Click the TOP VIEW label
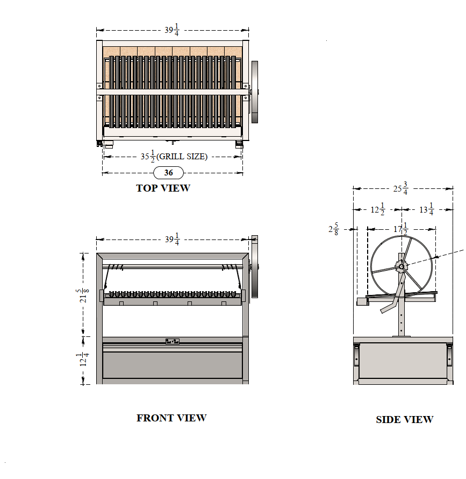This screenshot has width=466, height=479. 163,188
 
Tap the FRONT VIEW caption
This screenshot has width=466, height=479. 171,418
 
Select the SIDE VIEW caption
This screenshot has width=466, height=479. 405,419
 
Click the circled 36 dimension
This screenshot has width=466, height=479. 168,173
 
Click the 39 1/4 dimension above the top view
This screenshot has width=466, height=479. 172,30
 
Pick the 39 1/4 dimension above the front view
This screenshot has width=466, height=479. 172,239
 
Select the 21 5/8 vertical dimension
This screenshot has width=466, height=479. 82,295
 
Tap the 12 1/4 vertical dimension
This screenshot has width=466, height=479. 82,360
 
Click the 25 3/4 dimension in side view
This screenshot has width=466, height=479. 400,188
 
